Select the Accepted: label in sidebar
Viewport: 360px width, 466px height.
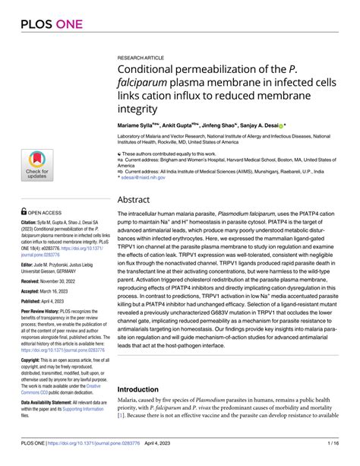(31, 291)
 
